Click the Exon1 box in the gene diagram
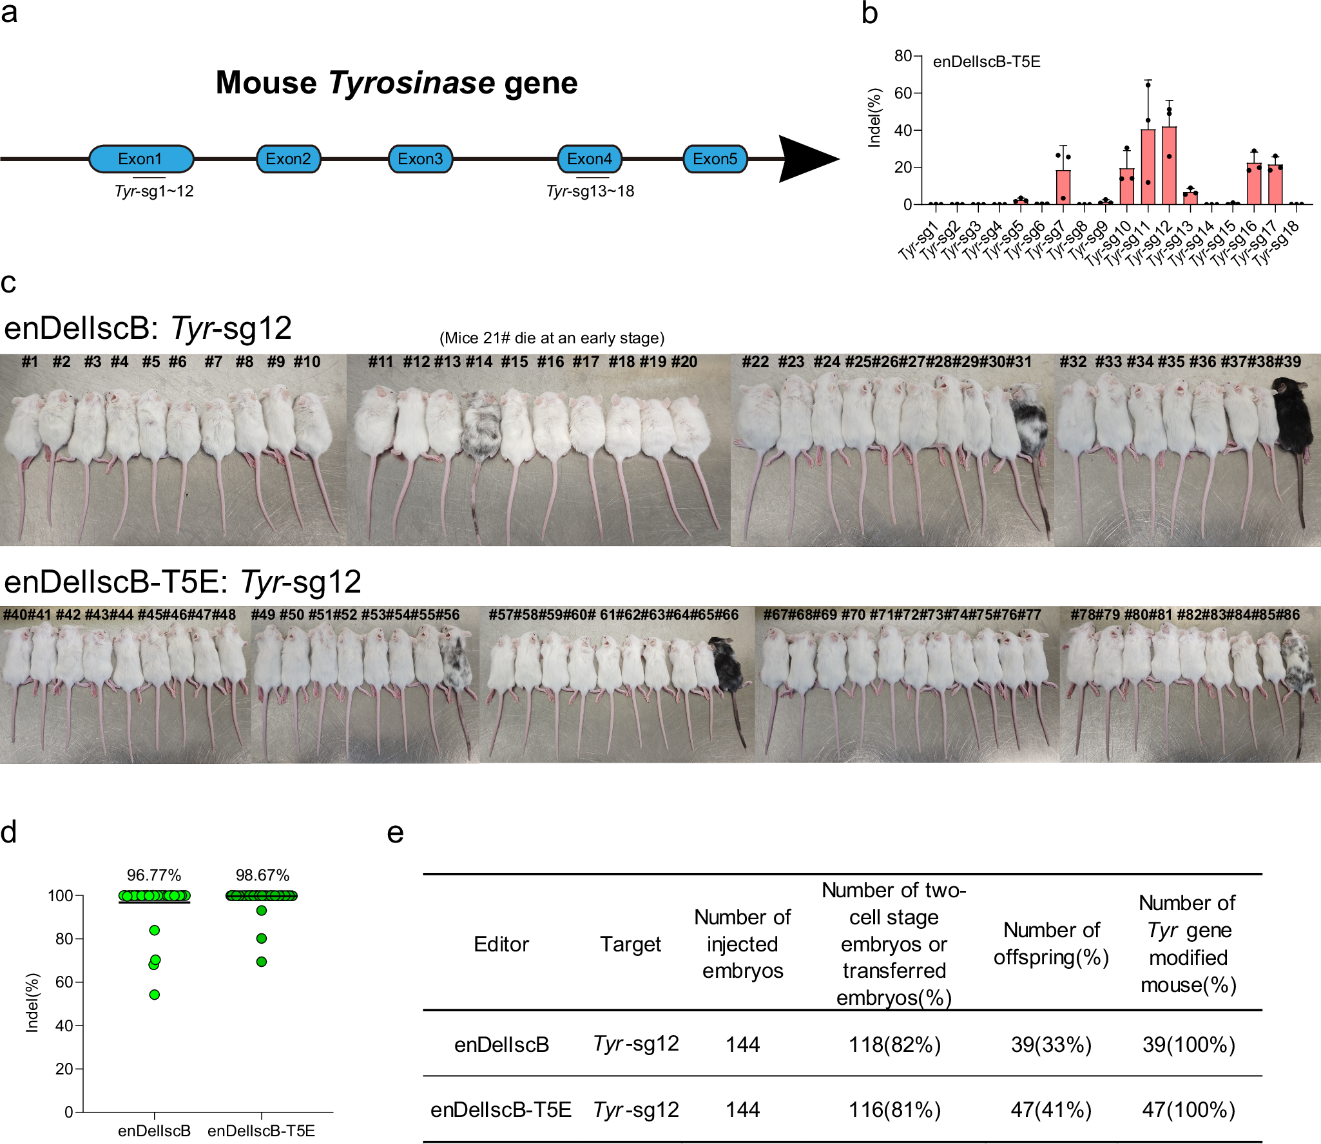click(x=140, y=159)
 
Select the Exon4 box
click(x=589, y=159)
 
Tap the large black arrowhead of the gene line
click(x=805, y=159)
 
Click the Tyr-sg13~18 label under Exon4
click(x=590, y=191)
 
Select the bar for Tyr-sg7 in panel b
click(x=1063, y=187)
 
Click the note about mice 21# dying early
click(x=552, y=338)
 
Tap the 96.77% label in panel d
click(x=153, y=875)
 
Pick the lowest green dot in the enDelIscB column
click(x=155, y=995)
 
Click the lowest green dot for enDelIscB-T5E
click(x=262, y=962)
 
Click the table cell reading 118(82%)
click(x=894, y=1044)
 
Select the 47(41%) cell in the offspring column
click(x=1051, y=1110)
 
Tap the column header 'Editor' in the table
click(x=501, y=944)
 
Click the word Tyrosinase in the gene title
click(x=411, y=83)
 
